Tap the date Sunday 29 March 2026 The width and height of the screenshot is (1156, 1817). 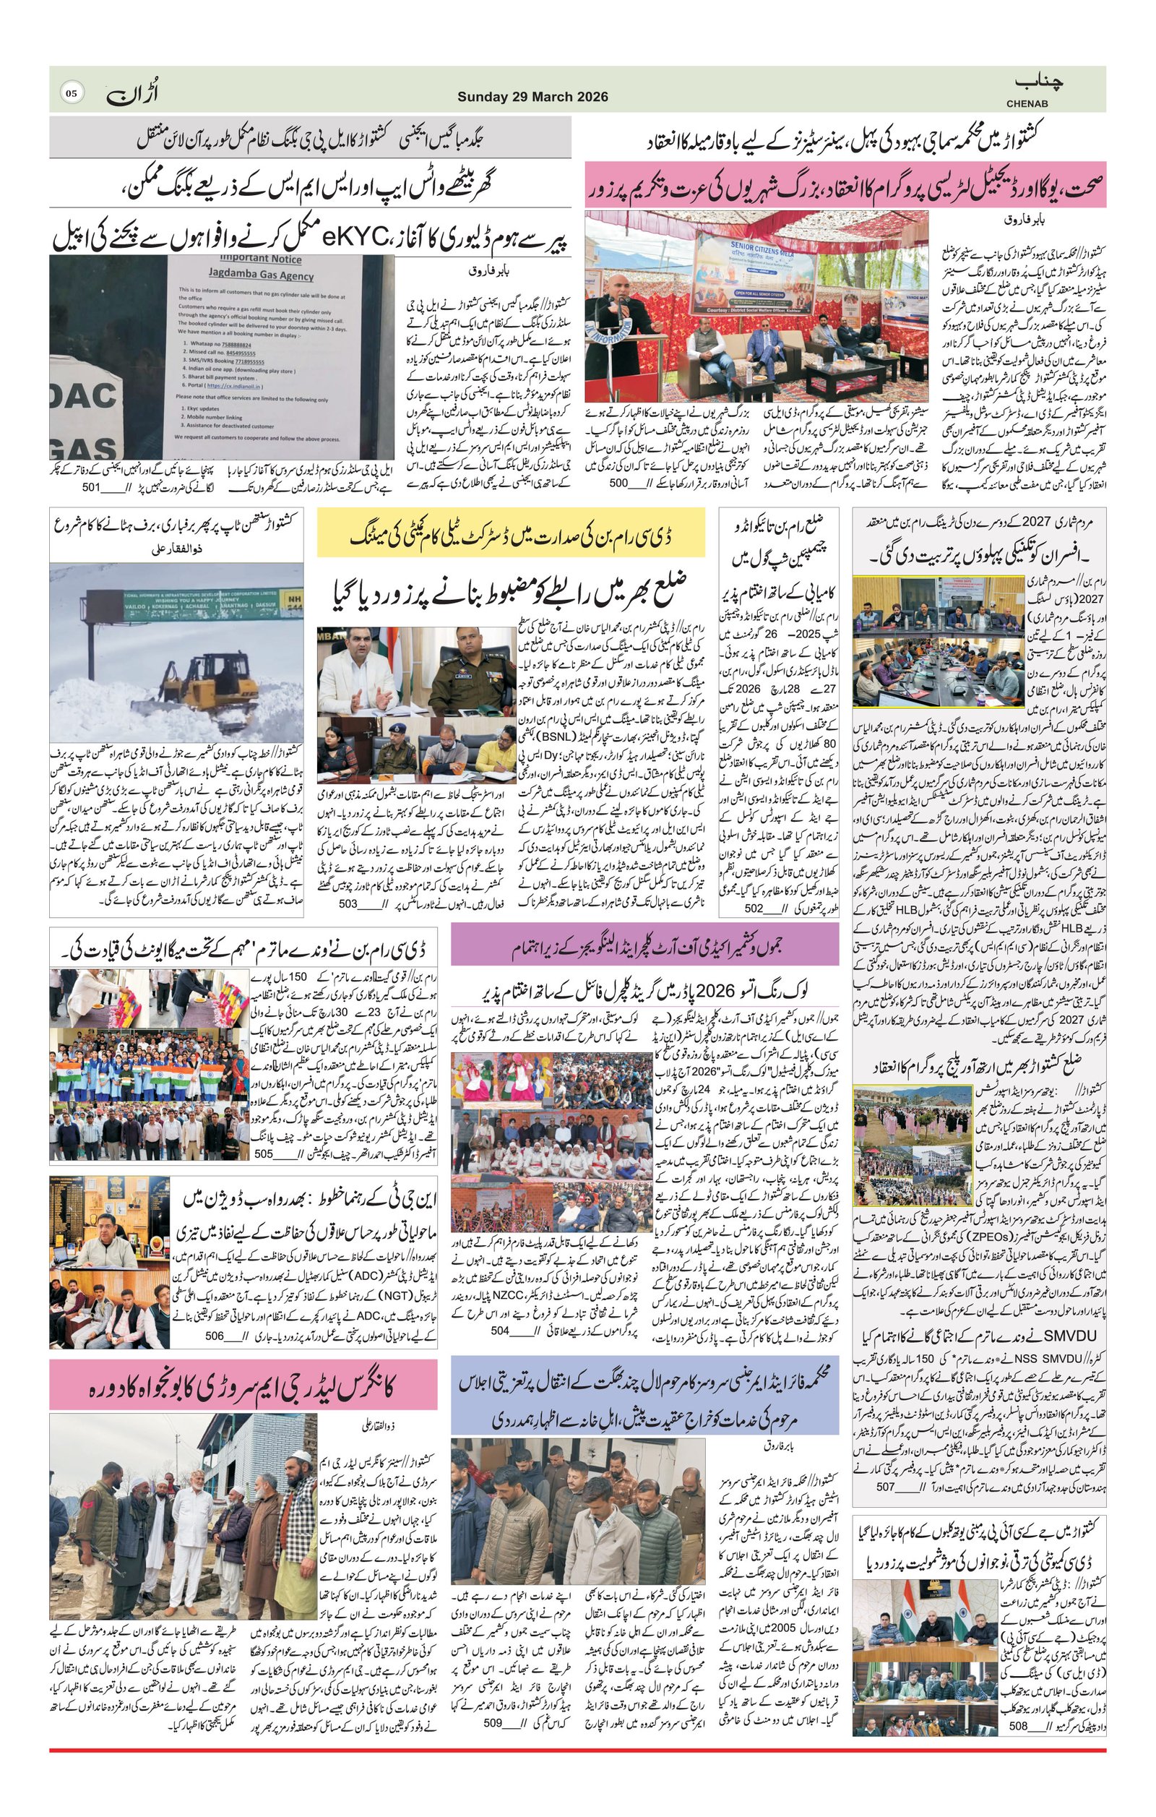532,98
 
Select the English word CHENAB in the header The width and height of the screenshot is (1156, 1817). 1032,103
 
